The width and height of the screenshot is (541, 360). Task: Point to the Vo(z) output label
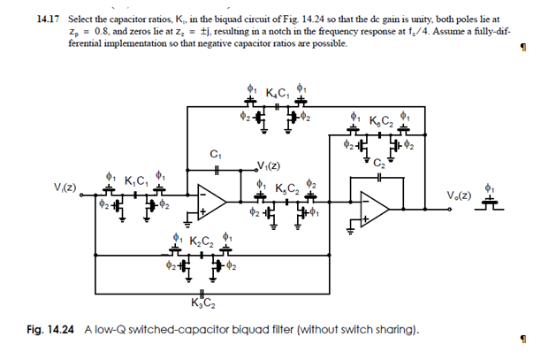pyautogui.click(x=460, y=195)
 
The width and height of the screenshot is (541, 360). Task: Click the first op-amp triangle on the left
pyautogui.click(x=210, y=201)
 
